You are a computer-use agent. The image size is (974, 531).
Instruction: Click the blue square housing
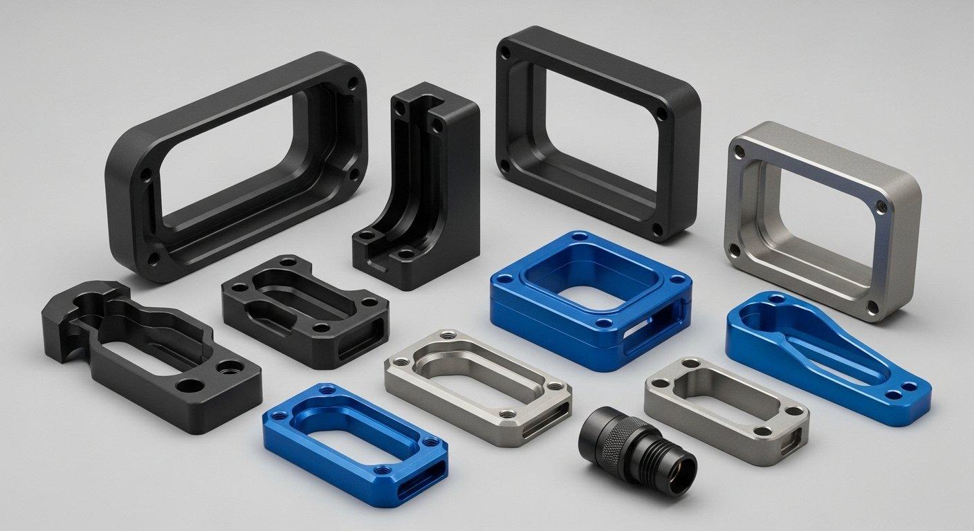point(588,304)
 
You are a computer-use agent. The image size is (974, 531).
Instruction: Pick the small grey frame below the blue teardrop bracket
point(726,408)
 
